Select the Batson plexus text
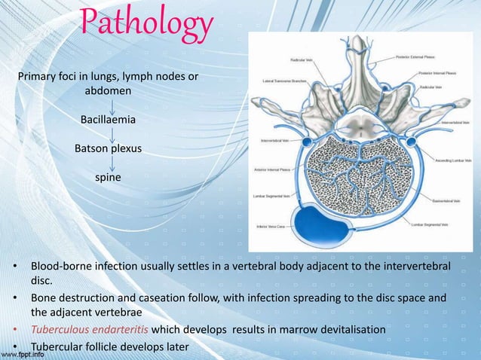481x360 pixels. coord(108,148)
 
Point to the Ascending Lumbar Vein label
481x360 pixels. coord(450,160)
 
